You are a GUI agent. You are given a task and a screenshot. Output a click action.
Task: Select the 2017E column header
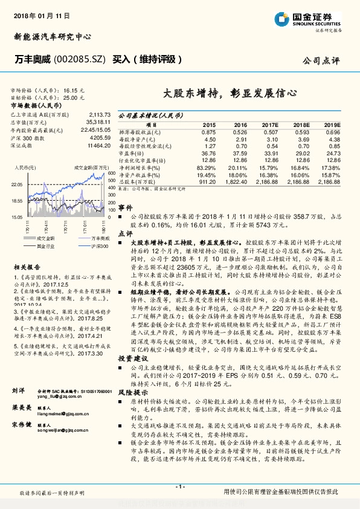tap(270, 124)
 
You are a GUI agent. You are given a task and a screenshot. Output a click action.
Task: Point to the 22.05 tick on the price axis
tap(17, 185)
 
